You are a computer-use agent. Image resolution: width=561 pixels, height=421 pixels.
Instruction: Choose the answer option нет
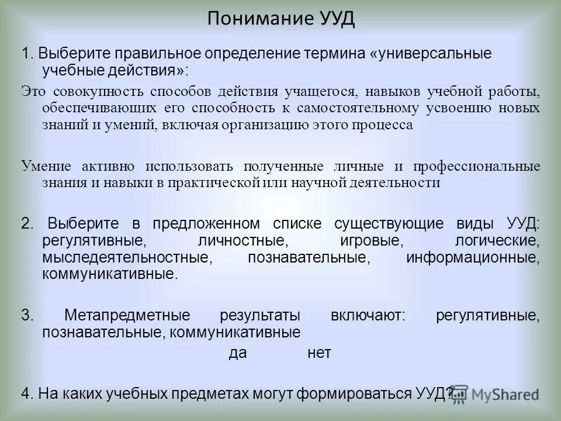[319, 353]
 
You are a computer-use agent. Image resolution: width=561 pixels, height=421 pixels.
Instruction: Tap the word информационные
[472, 257]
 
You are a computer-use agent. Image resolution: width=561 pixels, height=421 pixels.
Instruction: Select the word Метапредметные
[127, 316]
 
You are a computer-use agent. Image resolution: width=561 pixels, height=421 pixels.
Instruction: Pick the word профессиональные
[477, 166]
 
